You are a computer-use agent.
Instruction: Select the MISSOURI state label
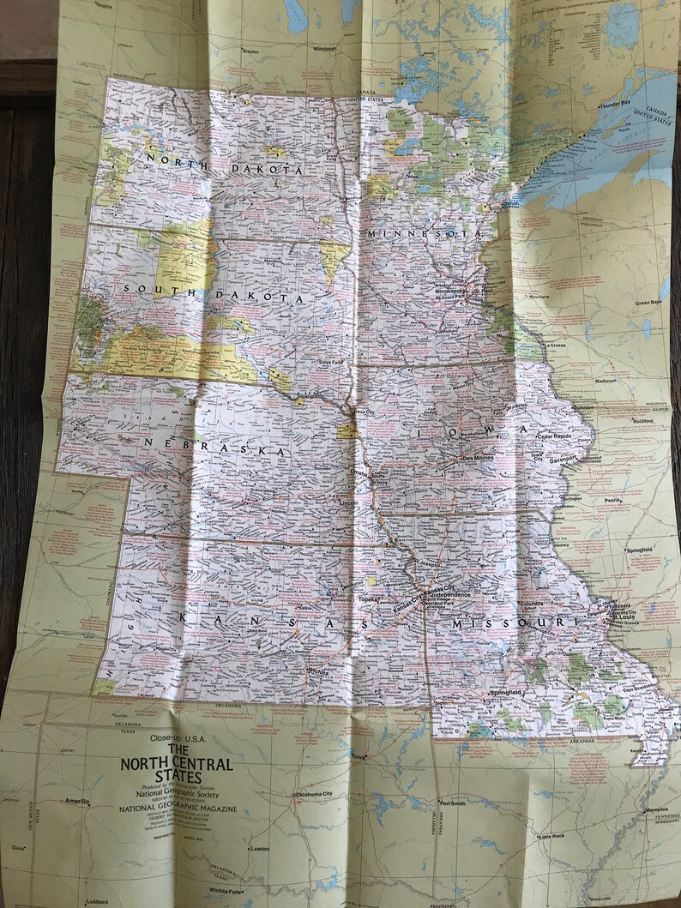pyautogui.click(x=503, y=623)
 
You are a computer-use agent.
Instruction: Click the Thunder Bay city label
pyautogui.click(x=614, y=103)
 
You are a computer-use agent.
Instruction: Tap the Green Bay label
pyautogui.click(x=649, y=303)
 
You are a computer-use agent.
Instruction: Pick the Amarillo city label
pyautogui.click(x=76, y=801)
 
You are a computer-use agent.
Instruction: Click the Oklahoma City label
pyautogui.click(x=318, y=794)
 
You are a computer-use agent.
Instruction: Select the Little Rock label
pyautogui.click(x=551, y=836)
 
